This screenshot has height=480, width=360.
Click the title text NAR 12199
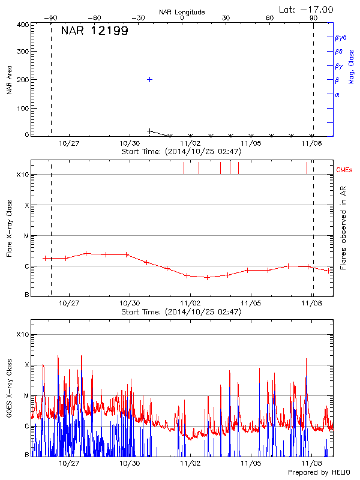click(x=94, y=31)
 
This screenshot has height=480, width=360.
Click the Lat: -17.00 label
click(x=307, y=10)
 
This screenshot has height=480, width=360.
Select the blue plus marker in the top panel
click(x=149, y=79)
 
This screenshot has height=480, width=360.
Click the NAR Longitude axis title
click(x=182, y=11)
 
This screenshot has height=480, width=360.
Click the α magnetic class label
click(x=337, y=95)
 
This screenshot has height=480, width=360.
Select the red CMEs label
click(x=344, y=171)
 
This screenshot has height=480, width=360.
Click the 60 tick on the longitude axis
click(x=270, y=18)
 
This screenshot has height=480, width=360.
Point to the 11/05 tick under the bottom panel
click(x=251, y=464)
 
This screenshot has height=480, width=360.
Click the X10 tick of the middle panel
click(x=23, y=175)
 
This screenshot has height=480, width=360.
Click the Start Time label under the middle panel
click(x=181, y=312)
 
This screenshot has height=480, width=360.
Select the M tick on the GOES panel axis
click(x=26, y=395)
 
